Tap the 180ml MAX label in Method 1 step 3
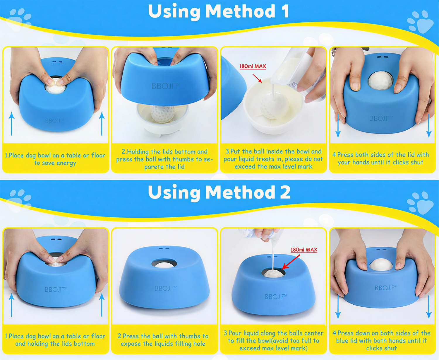[253, 66]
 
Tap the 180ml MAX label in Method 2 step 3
[304, 250]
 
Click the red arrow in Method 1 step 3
[257, 78]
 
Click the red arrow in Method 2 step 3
[291, 262]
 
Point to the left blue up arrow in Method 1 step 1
[12, 124]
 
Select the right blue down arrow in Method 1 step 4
[429, 126]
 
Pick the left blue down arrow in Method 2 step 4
[338, 307]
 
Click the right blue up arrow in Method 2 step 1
[102, 305]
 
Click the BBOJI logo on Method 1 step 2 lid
[165, 86]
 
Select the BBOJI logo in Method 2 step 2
[165, 288]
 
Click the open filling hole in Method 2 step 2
[164, 264]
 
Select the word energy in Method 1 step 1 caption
[66, 163]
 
